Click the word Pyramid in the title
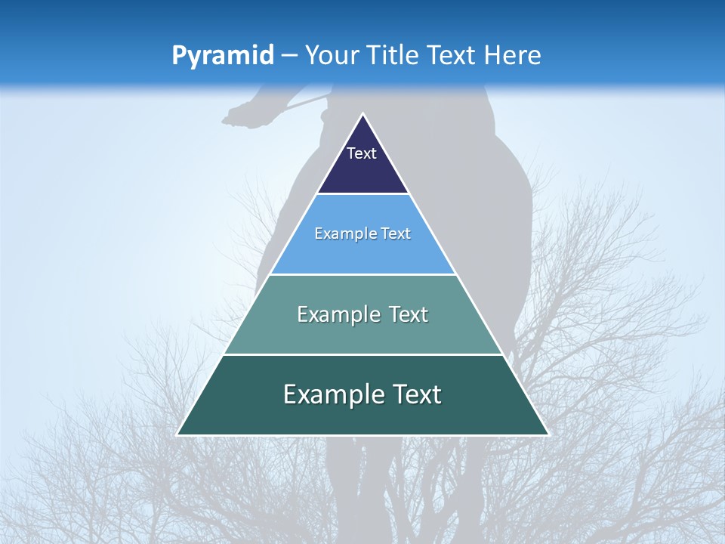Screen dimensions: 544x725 point(222,56)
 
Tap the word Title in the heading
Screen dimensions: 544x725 point(393,56)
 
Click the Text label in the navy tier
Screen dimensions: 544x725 point(362,153)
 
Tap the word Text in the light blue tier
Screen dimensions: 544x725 point(396,234)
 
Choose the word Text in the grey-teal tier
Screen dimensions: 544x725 point(409,314)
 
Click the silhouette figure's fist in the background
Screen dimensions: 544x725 point(236,115)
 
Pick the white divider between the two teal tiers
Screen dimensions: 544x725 point(363,354)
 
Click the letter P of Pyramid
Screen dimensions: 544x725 point(179,56)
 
